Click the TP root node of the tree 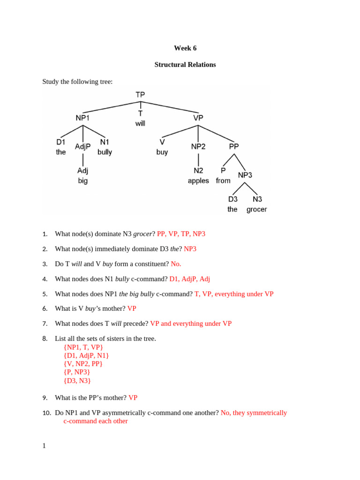[140, 95]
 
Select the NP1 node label [83, 118]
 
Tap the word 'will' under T [140, 123]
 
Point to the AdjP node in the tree [83, 147]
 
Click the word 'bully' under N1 [105, 152]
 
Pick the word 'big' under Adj [83, 180]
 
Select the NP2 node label [198, 147]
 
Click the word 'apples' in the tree [198, 181]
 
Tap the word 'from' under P [223, 180]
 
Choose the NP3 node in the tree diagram [245, 175]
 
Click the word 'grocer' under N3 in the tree [256, 210]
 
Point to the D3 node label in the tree [233, 199]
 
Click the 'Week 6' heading [185, 48]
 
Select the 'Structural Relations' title [185, 65]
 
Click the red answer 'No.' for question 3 [176, 264]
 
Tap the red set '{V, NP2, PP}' [82, 364]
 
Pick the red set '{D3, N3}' [77, 381]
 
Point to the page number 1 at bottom [44, 446]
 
